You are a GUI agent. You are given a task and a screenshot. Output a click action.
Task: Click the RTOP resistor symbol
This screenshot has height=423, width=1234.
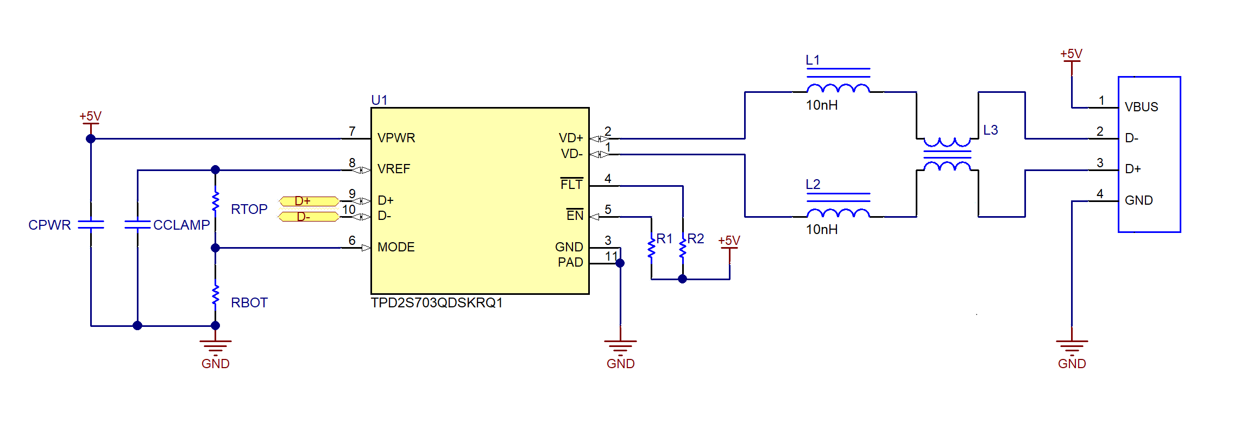216,201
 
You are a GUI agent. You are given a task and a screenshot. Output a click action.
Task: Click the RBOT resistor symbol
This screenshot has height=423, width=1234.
216,295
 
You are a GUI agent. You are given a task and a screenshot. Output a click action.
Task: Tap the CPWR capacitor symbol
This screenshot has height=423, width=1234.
91,224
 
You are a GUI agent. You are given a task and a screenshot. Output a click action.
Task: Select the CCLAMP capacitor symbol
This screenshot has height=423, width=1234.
137,224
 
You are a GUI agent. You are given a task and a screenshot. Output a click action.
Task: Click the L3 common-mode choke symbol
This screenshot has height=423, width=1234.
947,155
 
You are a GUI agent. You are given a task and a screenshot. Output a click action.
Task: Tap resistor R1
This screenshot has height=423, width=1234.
651,247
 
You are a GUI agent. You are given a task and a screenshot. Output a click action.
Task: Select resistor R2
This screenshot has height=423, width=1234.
683,247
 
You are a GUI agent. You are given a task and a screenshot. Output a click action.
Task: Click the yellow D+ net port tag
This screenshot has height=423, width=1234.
308,201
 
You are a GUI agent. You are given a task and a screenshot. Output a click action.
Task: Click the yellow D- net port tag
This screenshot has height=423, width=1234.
308,217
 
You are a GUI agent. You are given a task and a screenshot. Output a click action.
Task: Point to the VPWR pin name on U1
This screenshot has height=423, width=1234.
396,138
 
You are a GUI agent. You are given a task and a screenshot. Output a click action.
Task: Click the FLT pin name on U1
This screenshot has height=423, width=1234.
571,185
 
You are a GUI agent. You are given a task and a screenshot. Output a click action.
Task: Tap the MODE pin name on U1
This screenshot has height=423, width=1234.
396,248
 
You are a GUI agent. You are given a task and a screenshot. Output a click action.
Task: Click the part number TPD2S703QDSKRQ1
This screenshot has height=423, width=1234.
437,303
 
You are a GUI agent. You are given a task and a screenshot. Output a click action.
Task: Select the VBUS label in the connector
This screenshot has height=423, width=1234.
1141,108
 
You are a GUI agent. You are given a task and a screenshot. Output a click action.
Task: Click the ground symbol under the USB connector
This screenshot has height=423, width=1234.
1072,345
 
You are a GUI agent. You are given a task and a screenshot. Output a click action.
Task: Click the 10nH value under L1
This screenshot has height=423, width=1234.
821,105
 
